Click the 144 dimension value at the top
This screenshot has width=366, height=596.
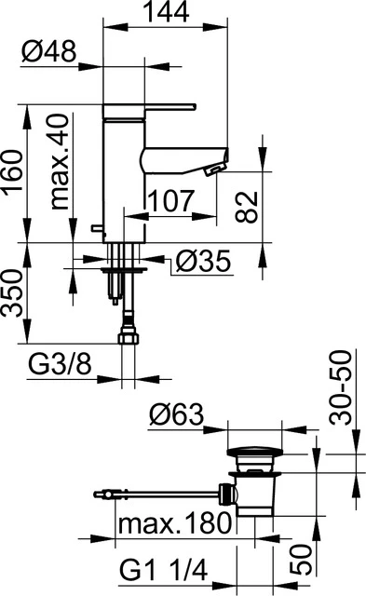coord(168,14)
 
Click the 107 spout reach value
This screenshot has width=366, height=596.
coord(170,199)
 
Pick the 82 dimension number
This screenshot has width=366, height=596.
coord(244,207)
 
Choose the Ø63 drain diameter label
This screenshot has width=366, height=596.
coord(176,414)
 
